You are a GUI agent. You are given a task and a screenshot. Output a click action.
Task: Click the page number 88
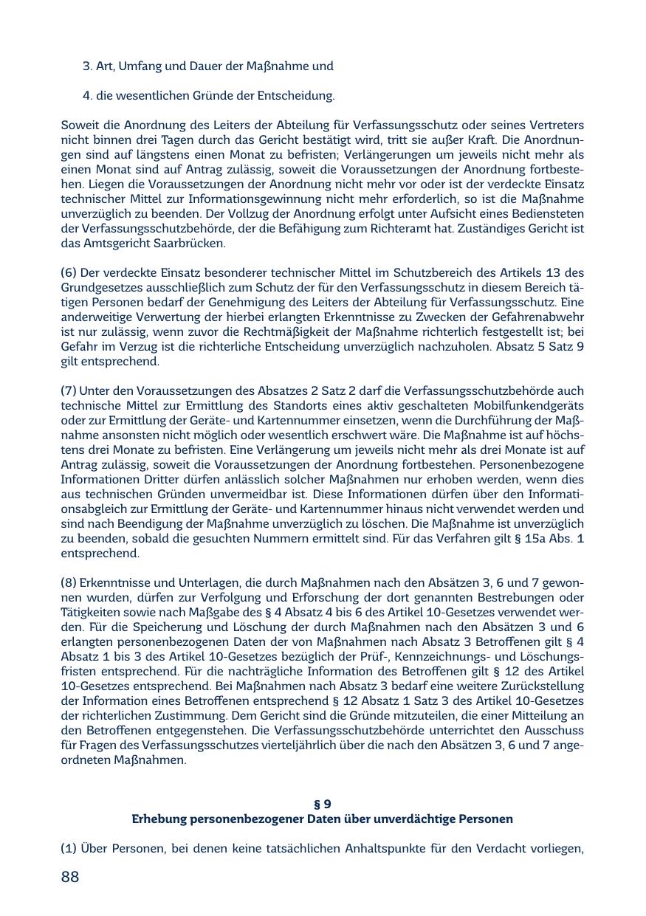[x=69, y=877]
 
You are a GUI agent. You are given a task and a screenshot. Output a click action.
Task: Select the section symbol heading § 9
[x=323, y=804]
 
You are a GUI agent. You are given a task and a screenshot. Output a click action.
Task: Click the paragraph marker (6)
[x=69, y=273]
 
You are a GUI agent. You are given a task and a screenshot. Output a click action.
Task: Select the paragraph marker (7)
[x=69, y=390]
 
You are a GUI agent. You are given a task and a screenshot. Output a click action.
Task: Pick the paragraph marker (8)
[x=69, y=583]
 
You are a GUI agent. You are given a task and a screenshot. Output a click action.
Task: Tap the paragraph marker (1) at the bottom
[x=69, y=849]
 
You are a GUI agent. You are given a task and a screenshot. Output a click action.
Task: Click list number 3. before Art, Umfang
[x=87, y=66]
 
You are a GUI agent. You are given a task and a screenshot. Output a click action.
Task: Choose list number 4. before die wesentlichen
[x=87, y=96]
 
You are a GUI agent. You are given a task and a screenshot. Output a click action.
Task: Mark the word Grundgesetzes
[x=99, y=288]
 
